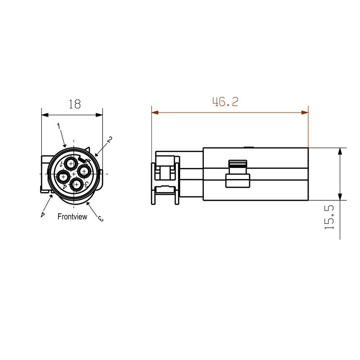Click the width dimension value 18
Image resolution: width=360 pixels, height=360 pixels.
74,104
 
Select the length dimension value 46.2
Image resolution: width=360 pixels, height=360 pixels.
225,102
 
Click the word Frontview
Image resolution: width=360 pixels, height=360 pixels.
72,216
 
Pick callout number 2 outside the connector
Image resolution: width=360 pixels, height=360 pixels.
109,140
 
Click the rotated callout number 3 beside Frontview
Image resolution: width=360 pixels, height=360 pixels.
100,218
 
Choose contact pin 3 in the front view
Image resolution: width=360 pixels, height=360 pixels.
77,184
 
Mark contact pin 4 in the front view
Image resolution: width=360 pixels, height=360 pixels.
63,176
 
